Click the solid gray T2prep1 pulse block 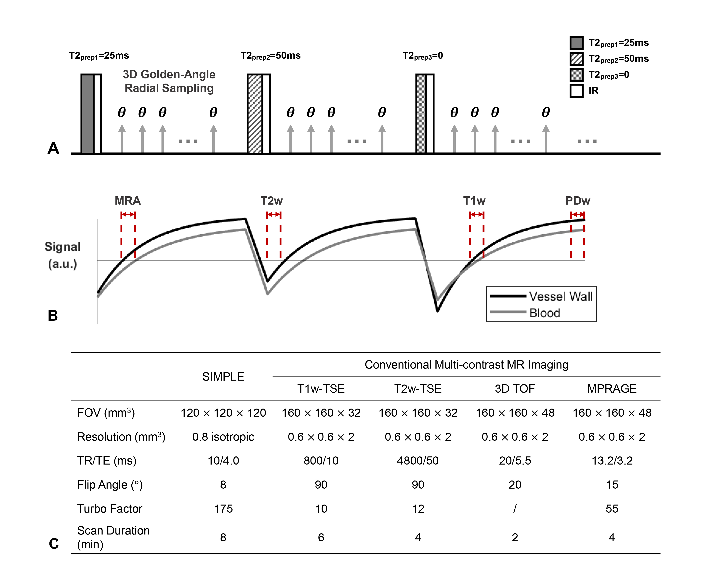[x=87, y=114]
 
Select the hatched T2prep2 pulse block [x=255, y=114]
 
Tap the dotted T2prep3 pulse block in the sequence [x=421, y=114]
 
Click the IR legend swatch [x=576, y=91]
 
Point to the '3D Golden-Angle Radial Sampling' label [x=169, y=81]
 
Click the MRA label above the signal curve [x=128, y=201]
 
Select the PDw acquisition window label [x=578, y=201]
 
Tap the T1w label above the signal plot [x=474, y=201]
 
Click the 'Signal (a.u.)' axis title [x=63, y=255]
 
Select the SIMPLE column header [x=223, y=377]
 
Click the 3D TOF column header [x=515, y=389]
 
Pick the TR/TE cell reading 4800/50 [x=418, y=461]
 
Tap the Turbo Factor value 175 [x=223, y=508]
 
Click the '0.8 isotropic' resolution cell [x=223, y=437]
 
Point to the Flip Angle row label [x=110, y=485]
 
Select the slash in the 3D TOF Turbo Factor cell [x=515, y=508]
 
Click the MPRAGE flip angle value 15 [x=612, y=485]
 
